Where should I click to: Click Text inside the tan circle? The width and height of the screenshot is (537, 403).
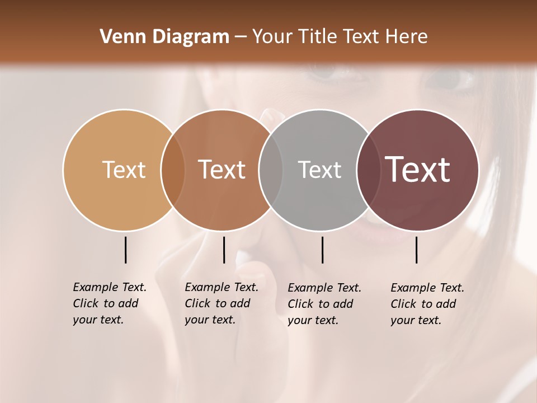tap(124, 170)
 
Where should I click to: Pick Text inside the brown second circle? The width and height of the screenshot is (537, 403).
tap(222, 170)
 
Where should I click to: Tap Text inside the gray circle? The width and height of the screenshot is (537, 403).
tap(319, 170)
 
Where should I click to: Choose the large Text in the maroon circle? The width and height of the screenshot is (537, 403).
tap(418, 170)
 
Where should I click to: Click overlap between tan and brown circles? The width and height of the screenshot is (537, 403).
tap(173, 170)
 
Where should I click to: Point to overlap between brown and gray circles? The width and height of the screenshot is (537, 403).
tap(271, 170)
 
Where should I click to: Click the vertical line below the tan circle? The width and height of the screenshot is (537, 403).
tap(125, 250)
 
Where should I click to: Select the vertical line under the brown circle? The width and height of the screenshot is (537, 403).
tap(224, 250)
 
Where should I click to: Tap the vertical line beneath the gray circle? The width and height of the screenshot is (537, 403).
tap(322, 250)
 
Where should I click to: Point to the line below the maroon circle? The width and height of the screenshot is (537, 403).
tap(416, 250)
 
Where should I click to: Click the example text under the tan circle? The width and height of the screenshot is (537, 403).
tap(109, 303)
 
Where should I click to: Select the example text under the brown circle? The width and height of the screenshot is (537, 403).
tap(221, 303)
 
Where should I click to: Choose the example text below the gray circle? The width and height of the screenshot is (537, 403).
tap(324, 304)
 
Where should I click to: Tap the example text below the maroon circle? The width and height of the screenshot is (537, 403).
tap(427, 304)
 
